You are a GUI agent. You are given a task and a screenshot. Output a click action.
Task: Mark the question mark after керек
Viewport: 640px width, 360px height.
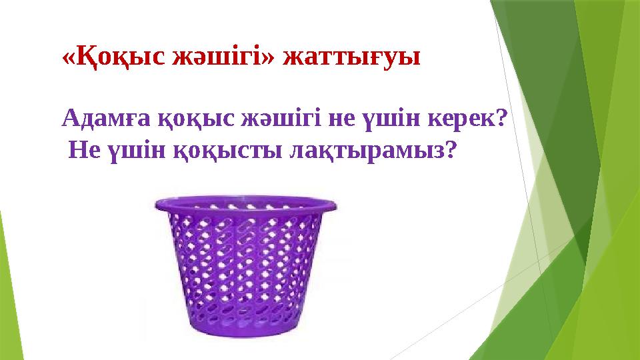(502, 119)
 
